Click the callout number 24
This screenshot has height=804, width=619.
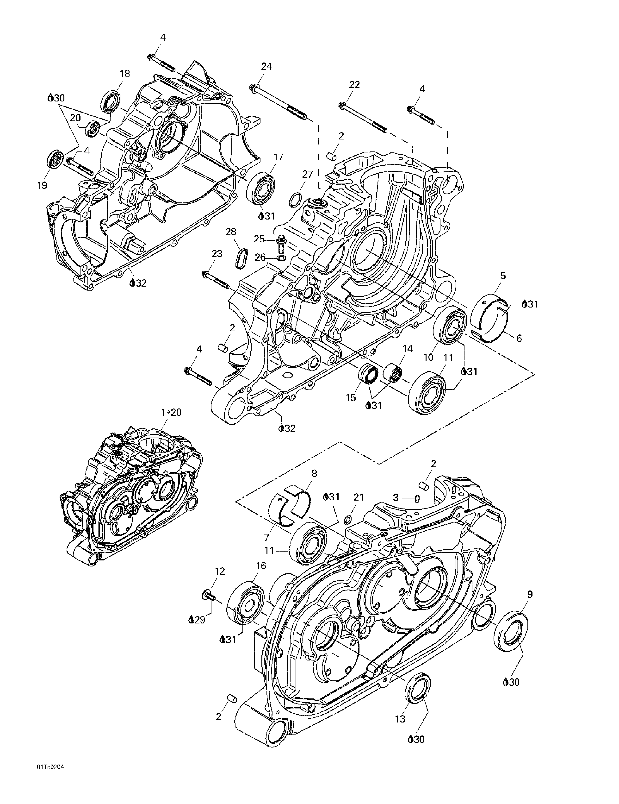[266, 66]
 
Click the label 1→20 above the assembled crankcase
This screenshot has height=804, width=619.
[172, 412]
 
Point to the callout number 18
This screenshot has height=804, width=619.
[125, 74]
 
